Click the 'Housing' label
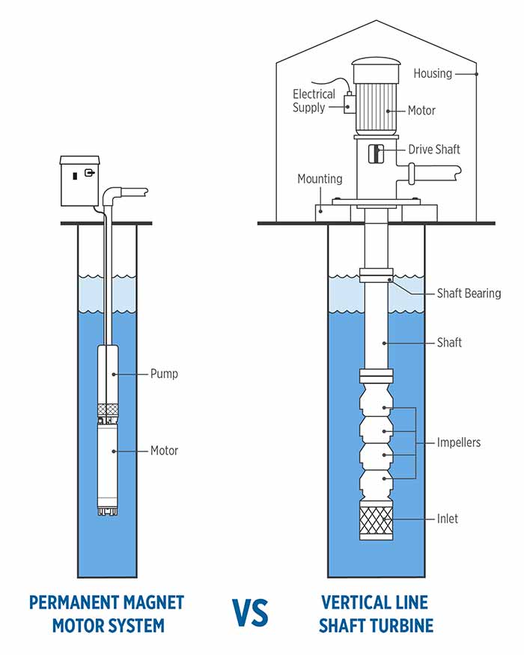click(433, 74)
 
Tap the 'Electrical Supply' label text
click(314, 100)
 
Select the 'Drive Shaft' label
click(434, 149)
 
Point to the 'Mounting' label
click(320, 179)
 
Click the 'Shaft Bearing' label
click(469, 293)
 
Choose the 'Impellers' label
click(459, 442)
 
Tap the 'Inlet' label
click(448, 519)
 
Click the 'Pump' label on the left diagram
click(164, 374)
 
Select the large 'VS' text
click(250, 613)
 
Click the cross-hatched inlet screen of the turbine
click(376, 523)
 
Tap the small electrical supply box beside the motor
click(350, 104)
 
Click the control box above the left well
click(80, 181)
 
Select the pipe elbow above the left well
click(110, 195)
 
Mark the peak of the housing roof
click(376, 20)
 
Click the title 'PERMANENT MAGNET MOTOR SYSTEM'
click(107, 614)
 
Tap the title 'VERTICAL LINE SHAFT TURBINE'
click(376, 614)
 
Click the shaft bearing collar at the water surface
click(377, 275)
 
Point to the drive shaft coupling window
click(376, 153)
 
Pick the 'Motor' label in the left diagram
click(164, 451)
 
